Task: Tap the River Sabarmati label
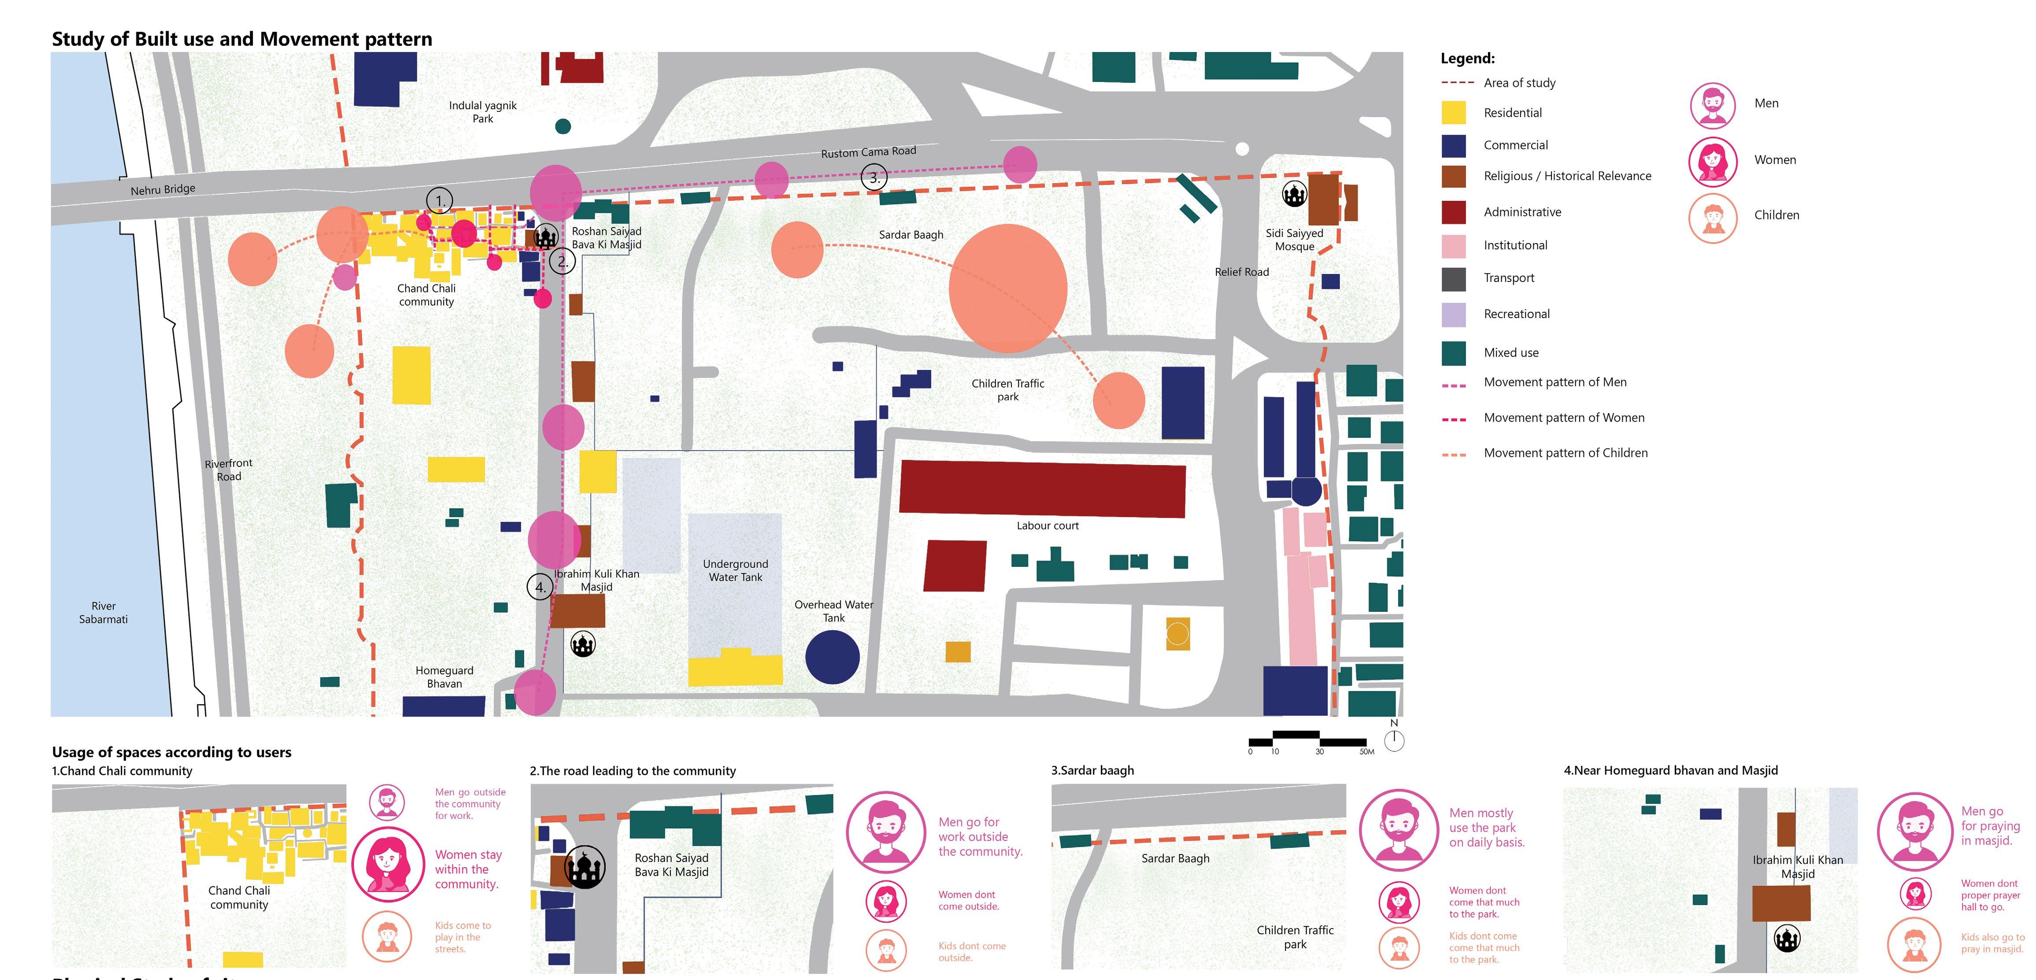(x=104, y=613)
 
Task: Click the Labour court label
(x=1047, y=525)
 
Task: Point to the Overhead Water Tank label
(x=834, y=611)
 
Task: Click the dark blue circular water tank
(x=832, y=657)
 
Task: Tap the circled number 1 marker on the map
(x=440, y=201)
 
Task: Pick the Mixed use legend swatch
(x=1454, y=352)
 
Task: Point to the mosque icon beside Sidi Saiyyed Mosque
(x=1294, y=194)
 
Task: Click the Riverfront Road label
(x=229, y=470)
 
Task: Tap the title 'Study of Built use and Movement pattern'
(x=242, y=40)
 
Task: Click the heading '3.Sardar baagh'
(x=1092, y=770)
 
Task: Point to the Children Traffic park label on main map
(x=1008, y=390)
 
